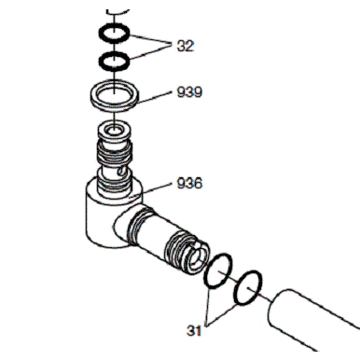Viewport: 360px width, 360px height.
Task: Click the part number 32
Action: (x=186, y=46)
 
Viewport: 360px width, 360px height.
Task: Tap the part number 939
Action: (x=189, y=92)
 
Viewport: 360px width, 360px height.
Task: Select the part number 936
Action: (x=189, y=183)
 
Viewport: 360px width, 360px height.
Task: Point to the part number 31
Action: (x=194, y=330)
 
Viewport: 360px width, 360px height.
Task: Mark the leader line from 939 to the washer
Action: (x=154, y=97)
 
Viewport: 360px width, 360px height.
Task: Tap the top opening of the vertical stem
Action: (x=114, y=129)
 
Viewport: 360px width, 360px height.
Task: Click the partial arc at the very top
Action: (x=118, y=12)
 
